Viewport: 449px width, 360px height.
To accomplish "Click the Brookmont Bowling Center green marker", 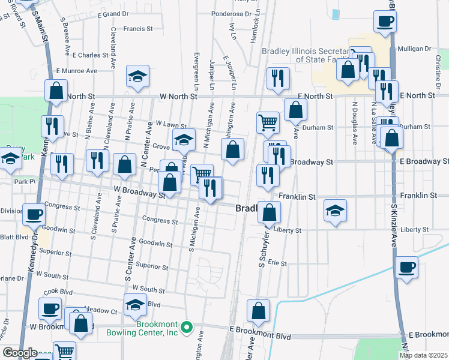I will click(x=186, y=328).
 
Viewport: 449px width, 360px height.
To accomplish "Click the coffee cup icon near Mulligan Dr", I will click(x=384, y=22).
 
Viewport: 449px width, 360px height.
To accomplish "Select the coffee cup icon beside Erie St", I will click(x=406, y=267).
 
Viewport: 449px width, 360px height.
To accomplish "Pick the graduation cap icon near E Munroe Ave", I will click(x=137, y=77).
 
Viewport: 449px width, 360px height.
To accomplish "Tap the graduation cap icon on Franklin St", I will click(x=336, y=211).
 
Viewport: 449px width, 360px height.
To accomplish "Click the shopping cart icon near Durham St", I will click(x=268, y=123).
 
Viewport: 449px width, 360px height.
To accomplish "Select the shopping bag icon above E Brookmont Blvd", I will click(x=258, y=311).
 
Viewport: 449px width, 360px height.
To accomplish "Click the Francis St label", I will click(x=138, y=28).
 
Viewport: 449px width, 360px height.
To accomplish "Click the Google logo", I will click(x=19, y=353).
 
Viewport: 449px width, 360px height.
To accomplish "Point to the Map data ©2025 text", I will click(x=423, y=355).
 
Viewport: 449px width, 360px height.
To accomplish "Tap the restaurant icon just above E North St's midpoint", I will click(x=277, y=78).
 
